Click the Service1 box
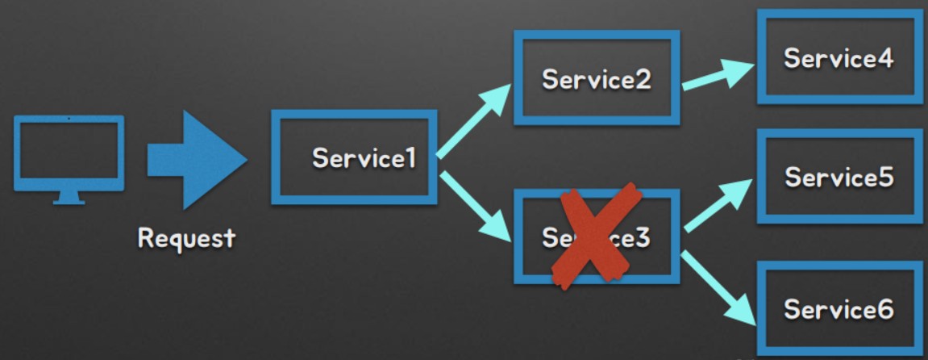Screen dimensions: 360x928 click(355, 157)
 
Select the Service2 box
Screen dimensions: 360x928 click(596, 78)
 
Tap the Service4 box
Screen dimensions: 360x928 click(839, 59)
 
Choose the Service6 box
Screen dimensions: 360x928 click(839, 308)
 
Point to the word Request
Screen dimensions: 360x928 click(186, 238)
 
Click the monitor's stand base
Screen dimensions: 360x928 click(69, 200)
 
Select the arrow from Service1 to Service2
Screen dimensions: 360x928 click(475, 121)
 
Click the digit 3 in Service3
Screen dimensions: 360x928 click(643, 238)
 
